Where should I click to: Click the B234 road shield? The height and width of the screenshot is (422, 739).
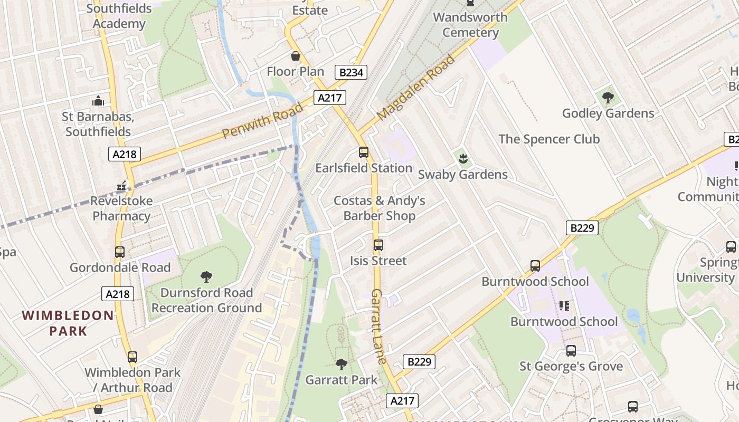(351, 72)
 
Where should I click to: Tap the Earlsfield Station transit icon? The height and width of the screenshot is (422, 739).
(363, 152)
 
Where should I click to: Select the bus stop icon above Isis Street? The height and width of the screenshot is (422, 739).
(378, 245)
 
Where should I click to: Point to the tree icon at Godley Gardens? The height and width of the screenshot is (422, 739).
(608, 97)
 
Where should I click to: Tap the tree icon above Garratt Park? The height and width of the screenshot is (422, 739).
(342, 364)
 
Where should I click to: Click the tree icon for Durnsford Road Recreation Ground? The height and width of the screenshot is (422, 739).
(206, 276)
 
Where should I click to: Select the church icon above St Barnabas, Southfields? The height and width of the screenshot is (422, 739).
(98, 101)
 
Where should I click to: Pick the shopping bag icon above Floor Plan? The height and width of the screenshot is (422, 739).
(296, 55)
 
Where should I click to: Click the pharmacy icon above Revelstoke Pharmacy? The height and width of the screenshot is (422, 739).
(122, 185)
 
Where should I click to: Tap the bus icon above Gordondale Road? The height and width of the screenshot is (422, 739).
(120, 252)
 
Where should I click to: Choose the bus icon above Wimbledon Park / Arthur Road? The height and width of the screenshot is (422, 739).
(132, 357)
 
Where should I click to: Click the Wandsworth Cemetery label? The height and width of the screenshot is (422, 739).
(470, 25)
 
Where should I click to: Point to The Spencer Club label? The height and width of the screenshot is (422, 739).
(549, 139)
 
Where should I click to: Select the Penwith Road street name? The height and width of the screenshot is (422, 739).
(262, 121)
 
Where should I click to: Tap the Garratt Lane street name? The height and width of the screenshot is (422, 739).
(378, 326)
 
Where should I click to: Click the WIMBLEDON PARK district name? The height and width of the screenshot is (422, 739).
(68, 323)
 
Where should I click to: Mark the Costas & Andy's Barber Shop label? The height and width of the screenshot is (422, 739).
(379, 208)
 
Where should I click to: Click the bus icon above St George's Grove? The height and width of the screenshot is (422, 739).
(571, 351)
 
